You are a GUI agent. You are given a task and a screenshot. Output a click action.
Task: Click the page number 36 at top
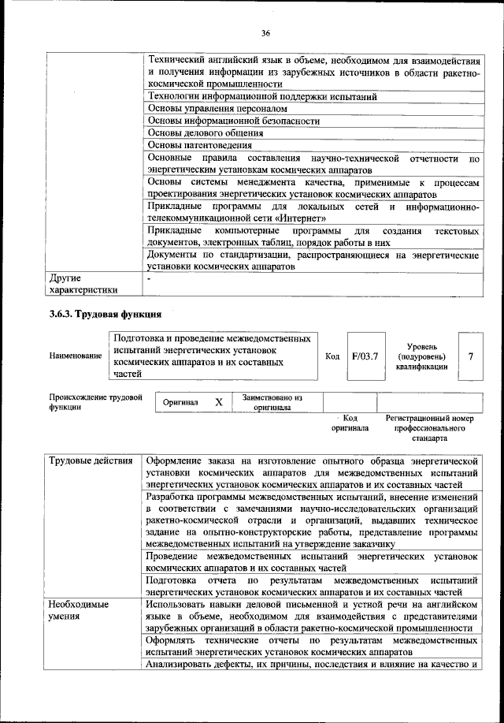tap(265, 32)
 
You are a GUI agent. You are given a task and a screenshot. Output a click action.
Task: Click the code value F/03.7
tap(366, 356)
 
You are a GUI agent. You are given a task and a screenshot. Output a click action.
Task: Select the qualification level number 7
tap(470, 356)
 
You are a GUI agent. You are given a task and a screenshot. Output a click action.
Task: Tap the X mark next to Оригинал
tap(219, 403)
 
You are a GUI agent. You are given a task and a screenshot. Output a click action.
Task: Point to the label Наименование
tap(75, 356)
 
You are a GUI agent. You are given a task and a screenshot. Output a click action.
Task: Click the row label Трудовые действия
tap(90, 460)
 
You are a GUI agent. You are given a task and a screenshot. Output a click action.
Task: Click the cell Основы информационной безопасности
tap(233, 121)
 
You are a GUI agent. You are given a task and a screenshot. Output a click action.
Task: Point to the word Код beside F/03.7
tap(332, 356)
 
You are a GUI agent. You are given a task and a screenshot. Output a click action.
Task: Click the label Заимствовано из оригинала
tap(272, 403)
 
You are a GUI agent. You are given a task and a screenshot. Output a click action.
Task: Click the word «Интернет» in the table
tap(301, 218)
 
